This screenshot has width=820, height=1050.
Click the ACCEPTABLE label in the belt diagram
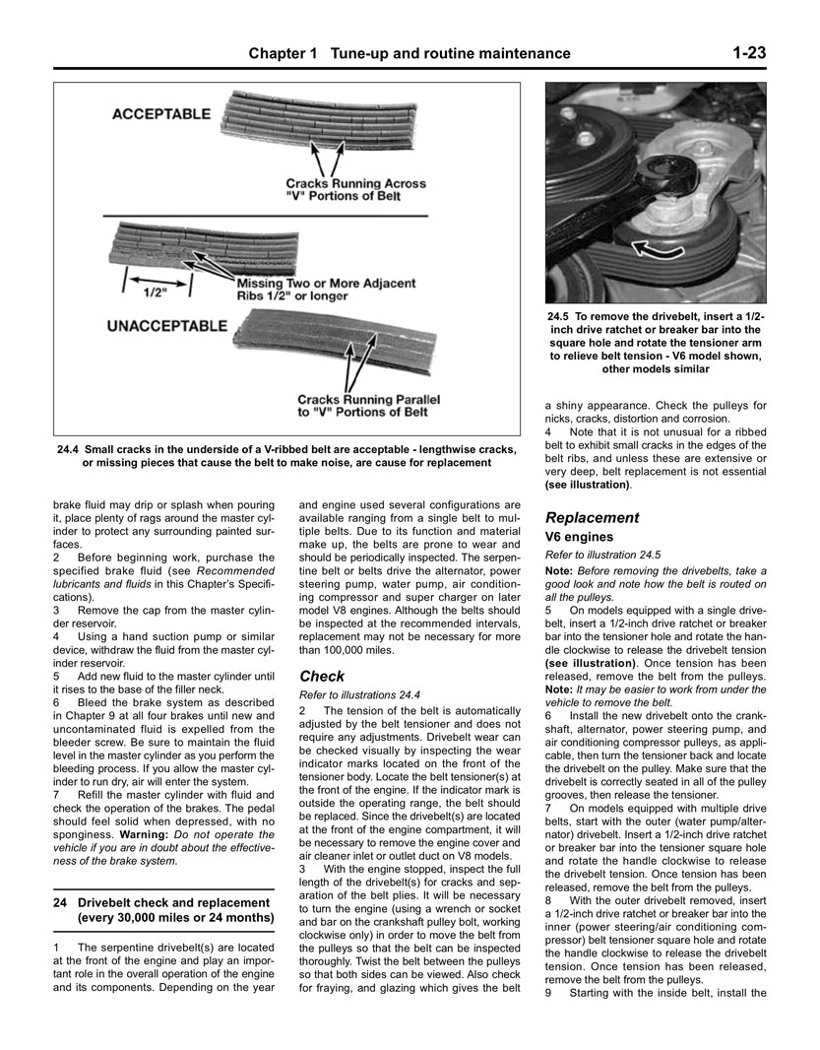160,114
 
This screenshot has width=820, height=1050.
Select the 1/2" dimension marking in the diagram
153,293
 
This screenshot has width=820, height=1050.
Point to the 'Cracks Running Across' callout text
355,183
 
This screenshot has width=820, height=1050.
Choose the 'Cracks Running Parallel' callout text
368,400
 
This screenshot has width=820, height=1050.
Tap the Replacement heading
592,517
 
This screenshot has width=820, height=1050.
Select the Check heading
322,676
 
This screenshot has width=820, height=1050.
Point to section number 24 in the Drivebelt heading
60,902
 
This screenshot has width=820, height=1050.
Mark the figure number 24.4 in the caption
70,450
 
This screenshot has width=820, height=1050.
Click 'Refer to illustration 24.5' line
602,555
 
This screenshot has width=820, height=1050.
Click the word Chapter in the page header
282,53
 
